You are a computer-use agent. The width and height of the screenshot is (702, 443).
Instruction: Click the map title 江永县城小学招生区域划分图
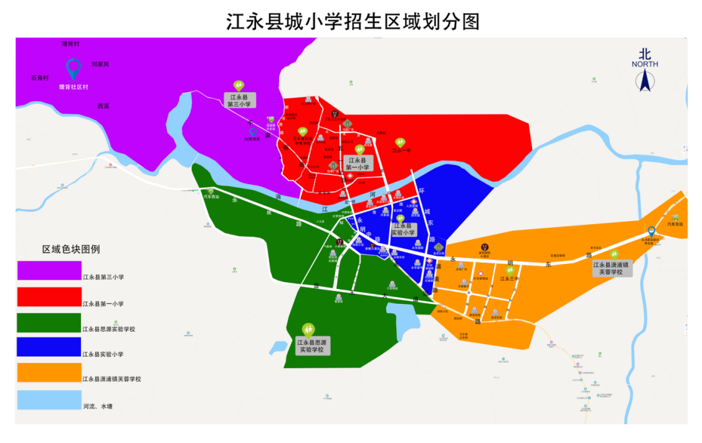353,21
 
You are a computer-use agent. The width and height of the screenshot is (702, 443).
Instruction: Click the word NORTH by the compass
645,64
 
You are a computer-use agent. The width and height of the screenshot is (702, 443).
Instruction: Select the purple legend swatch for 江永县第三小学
49,270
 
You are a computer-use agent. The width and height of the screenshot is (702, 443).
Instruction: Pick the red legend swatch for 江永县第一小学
49,296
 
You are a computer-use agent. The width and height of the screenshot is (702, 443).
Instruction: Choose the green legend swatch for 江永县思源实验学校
49,322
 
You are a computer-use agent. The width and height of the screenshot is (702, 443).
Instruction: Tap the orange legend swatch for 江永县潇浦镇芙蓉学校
49,373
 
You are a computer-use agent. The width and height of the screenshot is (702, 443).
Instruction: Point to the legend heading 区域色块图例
71,249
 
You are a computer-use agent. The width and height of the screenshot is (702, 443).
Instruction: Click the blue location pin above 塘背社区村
74,68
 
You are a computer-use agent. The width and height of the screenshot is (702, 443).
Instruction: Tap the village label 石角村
40,78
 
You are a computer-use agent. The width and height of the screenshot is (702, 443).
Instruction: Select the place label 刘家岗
100,64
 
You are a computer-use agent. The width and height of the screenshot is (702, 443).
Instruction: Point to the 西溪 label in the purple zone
103,106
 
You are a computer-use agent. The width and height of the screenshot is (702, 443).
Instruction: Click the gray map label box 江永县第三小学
239,101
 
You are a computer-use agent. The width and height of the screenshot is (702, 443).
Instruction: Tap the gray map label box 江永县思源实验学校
312,346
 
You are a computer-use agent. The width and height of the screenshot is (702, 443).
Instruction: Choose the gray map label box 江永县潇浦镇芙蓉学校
611,268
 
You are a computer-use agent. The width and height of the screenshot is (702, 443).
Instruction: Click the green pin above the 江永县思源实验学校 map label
308,329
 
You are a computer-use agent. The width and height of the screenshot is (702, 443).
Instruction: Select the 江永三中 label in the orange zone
509,279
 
